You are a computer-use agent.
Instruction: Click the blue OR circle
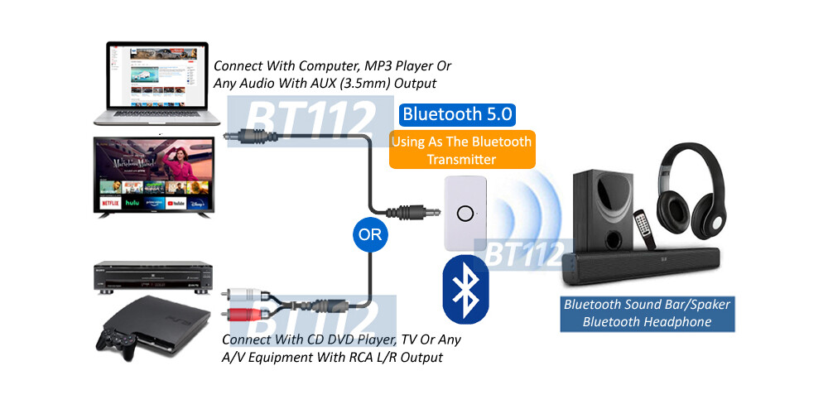370,234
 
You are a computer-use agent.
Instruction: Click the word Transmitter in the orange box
461,159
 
